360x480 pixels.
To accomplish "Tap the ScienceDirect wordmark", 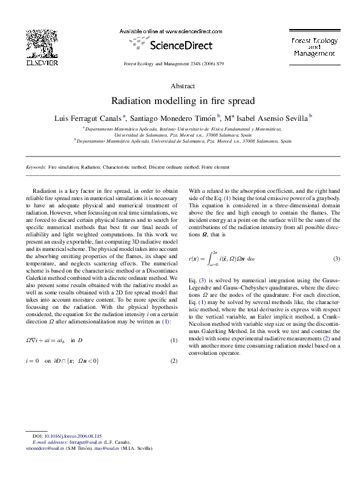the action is [171, 45].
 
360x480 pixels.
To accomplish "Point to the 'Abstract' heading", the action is [180, 86].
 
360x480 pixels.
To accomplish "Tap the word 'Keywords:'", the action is [36, 167].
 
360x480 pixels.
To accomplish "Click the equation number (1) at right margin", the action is [174, 341].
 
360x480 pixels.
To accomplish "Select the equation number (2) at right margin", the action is [174, 361].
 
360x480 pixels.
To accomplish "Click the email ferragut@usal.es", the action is [87, 443].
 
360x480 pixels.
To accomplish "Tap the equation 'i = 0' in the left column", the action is [34, 361].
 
